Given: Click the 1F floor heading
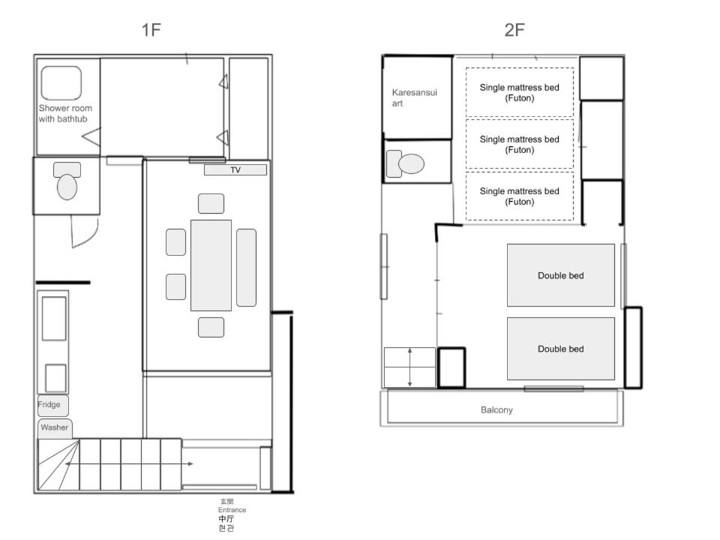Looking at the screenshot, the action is [x=151, y=30].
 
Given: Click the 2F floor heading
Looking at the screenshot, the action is [x=514, y=30].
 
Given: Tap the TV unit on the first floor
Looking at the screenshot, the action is [x=235, y=170].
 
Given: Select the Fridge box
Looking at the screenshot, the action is [x=52, y=406].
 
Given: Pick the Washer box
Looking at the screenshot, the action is [x=55, y=428].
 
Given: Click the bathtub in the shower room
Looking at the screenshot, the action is [x=61, y=82].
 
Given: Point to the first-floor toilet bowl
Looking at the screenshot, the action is [x=67, y=187].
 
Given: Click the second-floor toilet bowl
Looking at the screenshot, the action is [x=411, y=163].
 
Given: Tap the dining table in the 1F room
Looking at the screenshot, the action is [x=211, y=265].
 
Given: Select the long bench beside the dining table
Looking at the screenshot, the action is [x=247, y=267].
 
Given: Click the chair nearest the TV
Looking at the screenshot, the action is [x=211, y=203].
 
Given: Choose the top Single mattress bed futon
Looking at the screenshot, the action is [x=520, y=92].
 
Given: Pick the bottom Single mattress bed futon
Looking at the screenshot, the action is [x=520, y=196].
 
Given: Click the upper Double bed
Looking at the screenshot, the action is [x=561, y=275].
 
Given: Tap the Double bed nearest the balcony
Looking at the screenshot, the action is [x=561, y=349].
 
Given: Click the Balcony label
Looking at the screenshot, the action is [x=496, y=410].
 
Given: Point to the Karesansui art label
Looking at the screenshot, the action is [x=414, y=97].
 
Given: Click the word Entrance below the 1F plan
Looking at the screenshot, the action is [x=232, y=510].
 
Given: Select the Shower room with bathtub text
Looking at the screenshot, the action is [x=65, y=113].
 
